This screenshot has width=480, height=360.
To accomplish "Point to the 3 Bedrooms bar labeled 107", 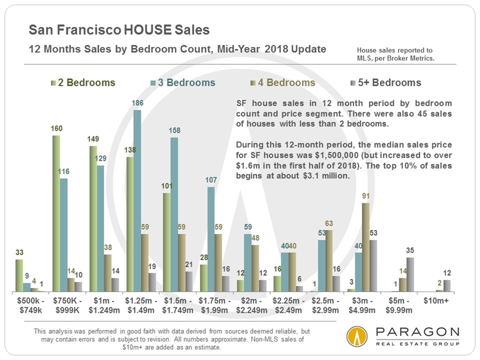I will tap(210, 239).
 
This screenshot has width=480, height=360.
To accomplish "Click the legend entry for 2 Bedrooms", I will tap(83, 83).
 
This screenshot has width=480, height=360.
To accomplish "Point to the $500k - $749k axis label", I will tap(27, 305).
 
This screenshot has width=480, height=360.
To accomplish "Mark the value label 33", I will tap(20, 253).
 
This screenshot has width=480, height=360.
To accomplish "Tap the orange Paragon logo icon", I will tap(356, 337).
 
